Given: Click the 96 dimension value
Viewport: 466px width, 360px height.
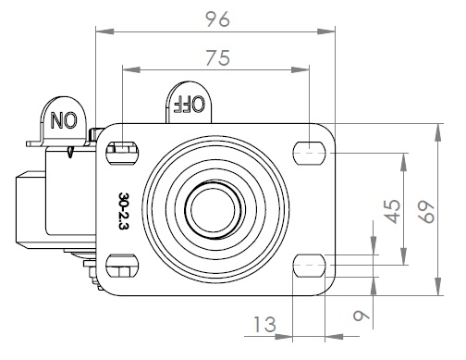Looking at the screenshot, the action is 217,19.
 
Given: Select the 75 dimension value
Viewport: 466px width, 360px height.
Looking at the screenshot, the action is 217,57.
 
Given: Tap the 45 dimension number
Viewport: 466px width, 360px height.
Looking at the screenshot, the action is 393,211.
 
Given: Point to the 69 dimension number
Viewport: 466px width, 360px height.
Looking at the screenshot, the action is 427,212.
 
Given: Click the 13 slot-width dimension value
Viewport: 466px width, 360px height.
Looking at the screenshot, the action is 264,324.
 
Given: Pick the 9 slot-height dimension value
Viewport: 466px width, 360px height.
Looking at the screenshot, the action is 362,316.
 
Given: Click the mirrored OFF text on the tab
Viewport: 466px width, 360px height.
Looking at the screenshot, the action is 189,104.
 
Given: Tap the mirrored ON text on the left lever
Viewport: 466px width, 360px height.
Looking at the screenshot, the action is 64,120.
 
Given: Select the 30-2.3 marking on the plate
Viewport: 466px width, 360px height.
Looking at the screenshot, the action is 123,211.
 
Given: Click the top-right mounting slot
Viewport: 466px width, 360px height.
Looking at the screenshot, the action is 309,153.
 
